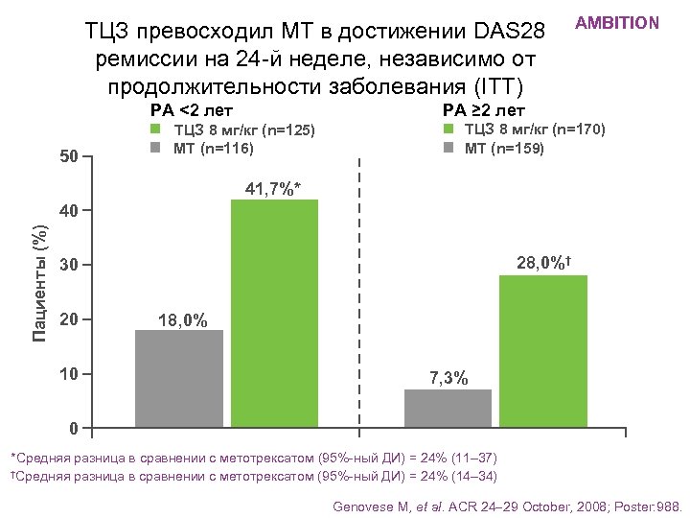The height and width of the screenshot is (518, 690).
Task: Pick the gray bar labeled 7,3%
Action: click(x=448, y=408)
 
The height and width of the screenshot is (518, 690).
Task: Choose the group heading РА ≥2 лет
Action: click(x=484, y=110)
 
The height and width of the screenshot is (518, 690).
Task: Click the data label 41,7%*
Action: click(x=273, y=189)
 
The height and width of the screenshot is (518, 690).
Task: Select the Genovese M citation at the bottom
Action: click(x=507, y=506)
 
